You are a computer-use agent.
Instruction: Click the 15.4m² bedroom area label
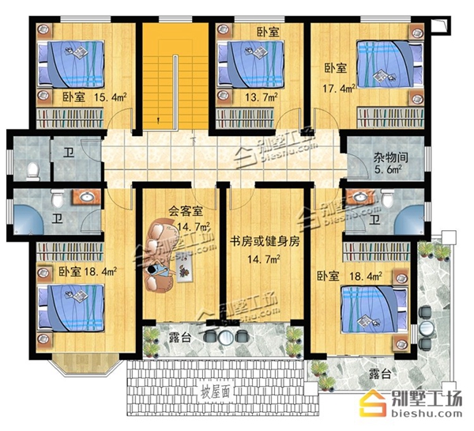click(110, 97)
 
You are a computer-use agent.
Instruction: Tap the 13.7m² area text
click(261, 97)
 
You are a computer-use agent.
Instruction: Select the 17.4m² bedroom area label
click(339, 89)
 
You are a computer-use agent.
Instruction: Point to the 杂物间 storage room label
click(390, 157)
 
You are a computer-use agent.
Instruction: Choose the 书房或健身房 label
click(265, 241)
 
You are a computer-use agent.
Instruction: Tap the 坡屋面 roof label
click(215, 392)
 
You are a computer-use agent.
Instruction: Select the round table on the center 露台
click(225, 336)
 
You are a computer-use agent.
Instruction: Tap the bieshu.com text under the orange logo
click(427, 413)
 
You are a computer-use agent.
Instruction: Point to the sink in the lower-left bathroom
click(86, 198)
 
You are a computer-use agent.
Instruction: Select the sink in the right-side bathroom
click(359, 197)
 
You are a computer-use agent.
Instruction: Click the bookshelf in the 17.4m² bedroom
click(390, 116)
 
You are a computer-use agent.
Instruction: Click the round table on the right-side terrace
click(427, 327)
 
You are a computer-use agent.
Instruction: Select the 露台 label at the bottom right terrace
click(380, 374)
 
